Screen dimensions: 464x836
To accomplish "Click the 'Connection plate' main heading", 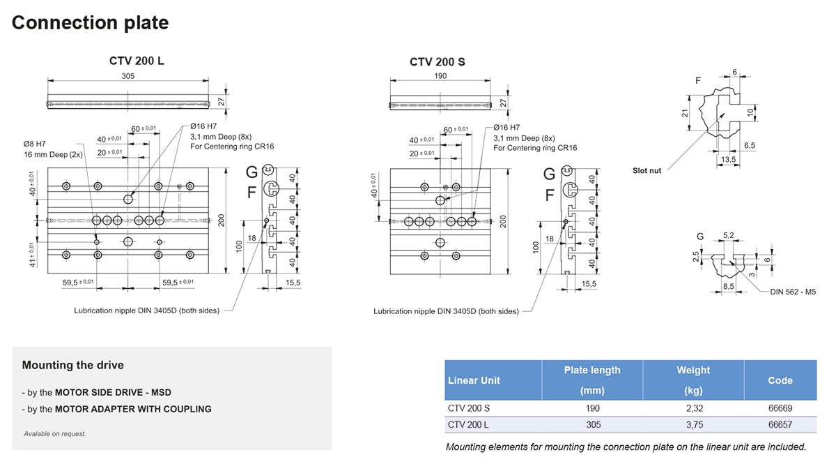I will pyautogui.click(x=90, y=22).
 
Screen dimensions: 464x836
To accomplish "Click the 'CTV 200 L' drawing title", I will pyautogui.click(x=137, y=61).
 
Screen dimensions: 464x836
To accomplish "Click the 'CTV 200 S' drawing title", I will pyautogui.click(x=437, y=61).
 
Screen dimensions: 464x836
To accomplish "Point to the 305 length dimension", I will pyautogui.click(x=128, y=75).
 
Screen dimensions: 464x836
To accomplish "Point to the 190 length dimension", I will pyautogui.click(x=440, y=75).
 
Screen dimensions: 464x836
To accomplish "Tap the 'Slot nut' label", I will pyautogui.click(x=647, y=170).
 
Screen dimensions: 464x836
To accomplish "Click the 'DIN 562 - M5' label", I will pyautogui.click(x=794, y=292).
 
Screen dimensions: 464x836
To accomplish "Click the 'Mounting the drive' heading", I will pyautogui.click(x=72, y=365).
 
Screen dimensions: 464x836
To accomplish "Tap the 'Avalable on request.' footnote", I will pyautogui.click(x=55, y=433).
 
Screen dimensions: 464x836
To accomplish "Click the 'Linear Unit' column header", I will pyautogui.click(x=474, y=380).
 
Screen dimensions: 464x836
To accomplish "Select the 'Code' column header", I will pyautogui.click(x=780, y=380).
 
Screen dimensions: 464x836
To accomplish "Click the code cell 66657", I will pyautogui.click(x=780, y=424).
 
